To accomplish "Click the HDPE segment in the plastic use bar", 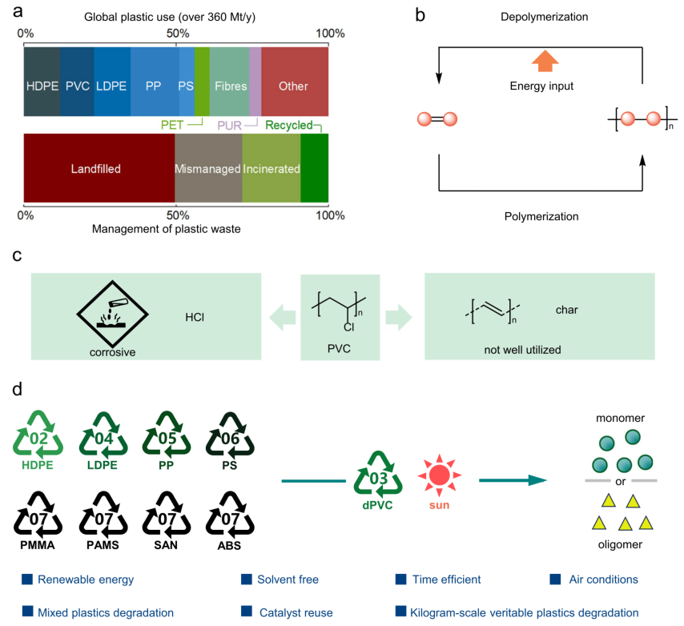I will [x=42, y=86].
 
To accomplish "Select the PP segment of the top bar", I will [x=154, y=86].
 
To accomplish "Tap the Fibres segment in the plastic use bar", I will [x=229, y=86].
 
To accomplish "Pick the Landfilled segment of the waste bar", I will [x=99, y=169].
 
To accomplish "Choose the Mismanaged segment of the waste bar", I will [x=208, y=169].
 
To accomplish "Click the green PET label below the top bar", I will [x=172, y=125].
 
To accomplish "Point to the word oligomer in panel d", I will [x=622, y=548].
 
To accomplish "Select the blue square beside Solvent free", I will [x=247, y=579].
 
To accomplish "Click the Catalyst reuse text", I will [x=296, y=613].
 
